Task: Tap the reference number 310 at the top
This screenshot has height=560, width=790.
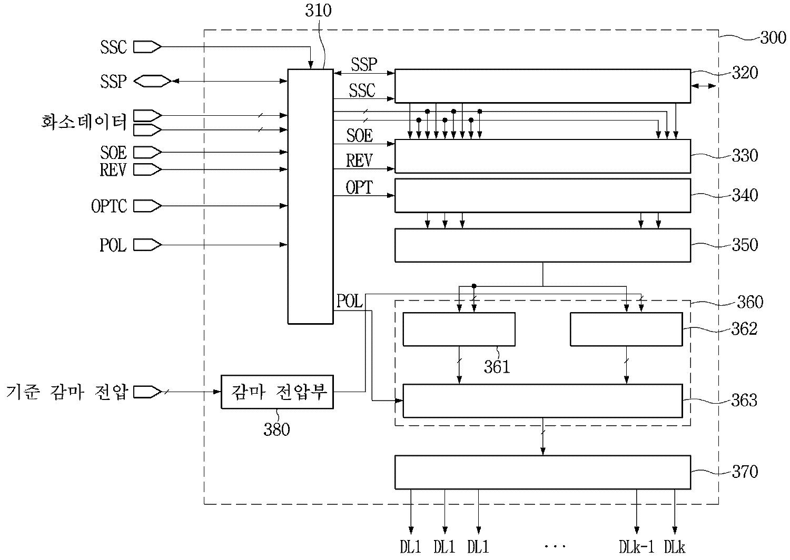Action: [319, 11]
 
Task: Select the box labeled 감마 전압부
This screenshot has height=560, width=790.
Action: [278, 392]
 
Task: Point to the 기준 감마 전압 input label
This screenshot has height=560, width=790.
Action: [67, 392]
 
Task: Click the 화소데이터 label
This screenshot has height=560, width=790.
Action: [84, 122]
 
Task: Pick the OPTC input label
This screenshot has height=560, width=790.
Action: [109, 206]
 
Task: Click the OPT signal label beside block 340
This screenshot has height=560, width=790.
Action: [359, 187]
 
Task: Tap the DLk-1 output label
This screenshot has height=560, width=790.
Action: [636, 547]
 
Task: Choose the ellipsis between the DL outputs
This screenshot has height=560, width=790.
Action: [555, 547]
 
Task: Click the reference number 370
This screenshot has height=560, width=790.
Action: [745, 472]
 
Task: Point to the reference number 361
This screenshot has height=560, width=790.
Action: [497, 366]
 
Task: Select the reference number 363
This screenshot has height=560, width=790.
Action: [745, 401]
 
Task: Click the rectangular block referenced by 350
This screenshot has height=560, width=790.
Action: [542, 245]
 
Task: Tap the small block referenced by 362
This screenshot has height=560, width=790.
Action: [626, 329]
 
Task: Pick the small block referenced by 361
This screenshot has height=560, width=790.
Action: [459, 329]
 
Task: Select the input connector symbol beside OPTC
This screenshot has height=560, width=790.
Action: [147, 206]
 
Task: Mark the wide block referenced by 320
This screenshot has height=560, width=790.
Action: [542, 86]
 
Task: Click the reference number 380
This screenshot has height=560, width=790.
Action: [276, 430]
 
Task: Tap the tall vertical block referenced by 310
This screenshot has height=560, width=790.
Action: [310, 196]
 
